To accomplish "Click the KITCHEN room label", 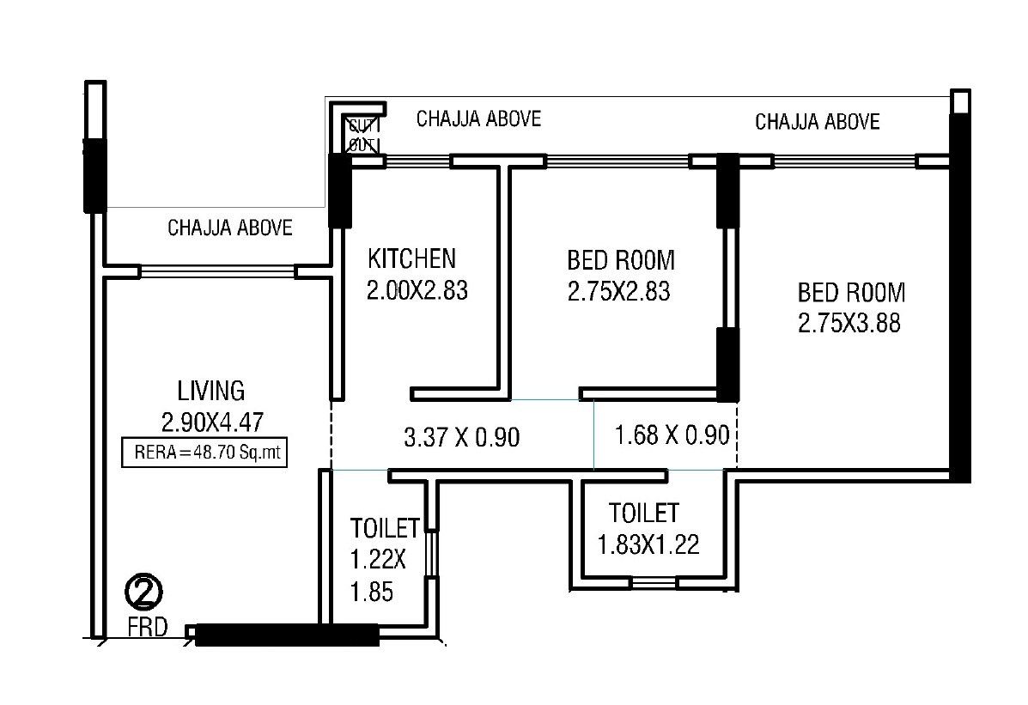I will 411,258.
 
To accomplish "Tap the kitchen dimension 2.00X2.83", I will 417,291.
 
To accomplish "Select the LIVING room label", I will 211,391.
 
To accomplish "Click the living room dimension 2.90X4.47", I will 211,422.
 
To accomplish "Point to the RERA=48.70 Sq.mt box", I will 205,452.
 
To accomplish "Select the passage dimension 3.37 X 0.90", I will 462,438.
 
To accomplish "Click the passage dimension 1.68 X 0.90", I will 672,435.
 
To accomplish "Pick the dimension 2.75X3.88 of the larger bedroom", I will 850,324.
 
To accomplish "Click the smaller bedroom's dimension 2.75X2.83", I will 618,292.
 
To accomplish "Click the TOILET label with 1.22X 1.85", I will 383,527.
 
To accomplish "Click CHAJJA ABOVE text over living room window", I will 230,228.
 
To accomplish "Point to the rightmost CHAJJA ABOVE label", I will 817,122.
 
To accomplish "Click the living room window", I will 217,271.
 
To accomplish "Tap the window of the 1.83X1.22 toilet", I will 654,583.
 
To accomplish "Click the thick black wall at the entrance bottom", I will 287,635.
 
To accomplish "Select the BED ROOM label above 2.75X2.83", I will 621,259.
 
